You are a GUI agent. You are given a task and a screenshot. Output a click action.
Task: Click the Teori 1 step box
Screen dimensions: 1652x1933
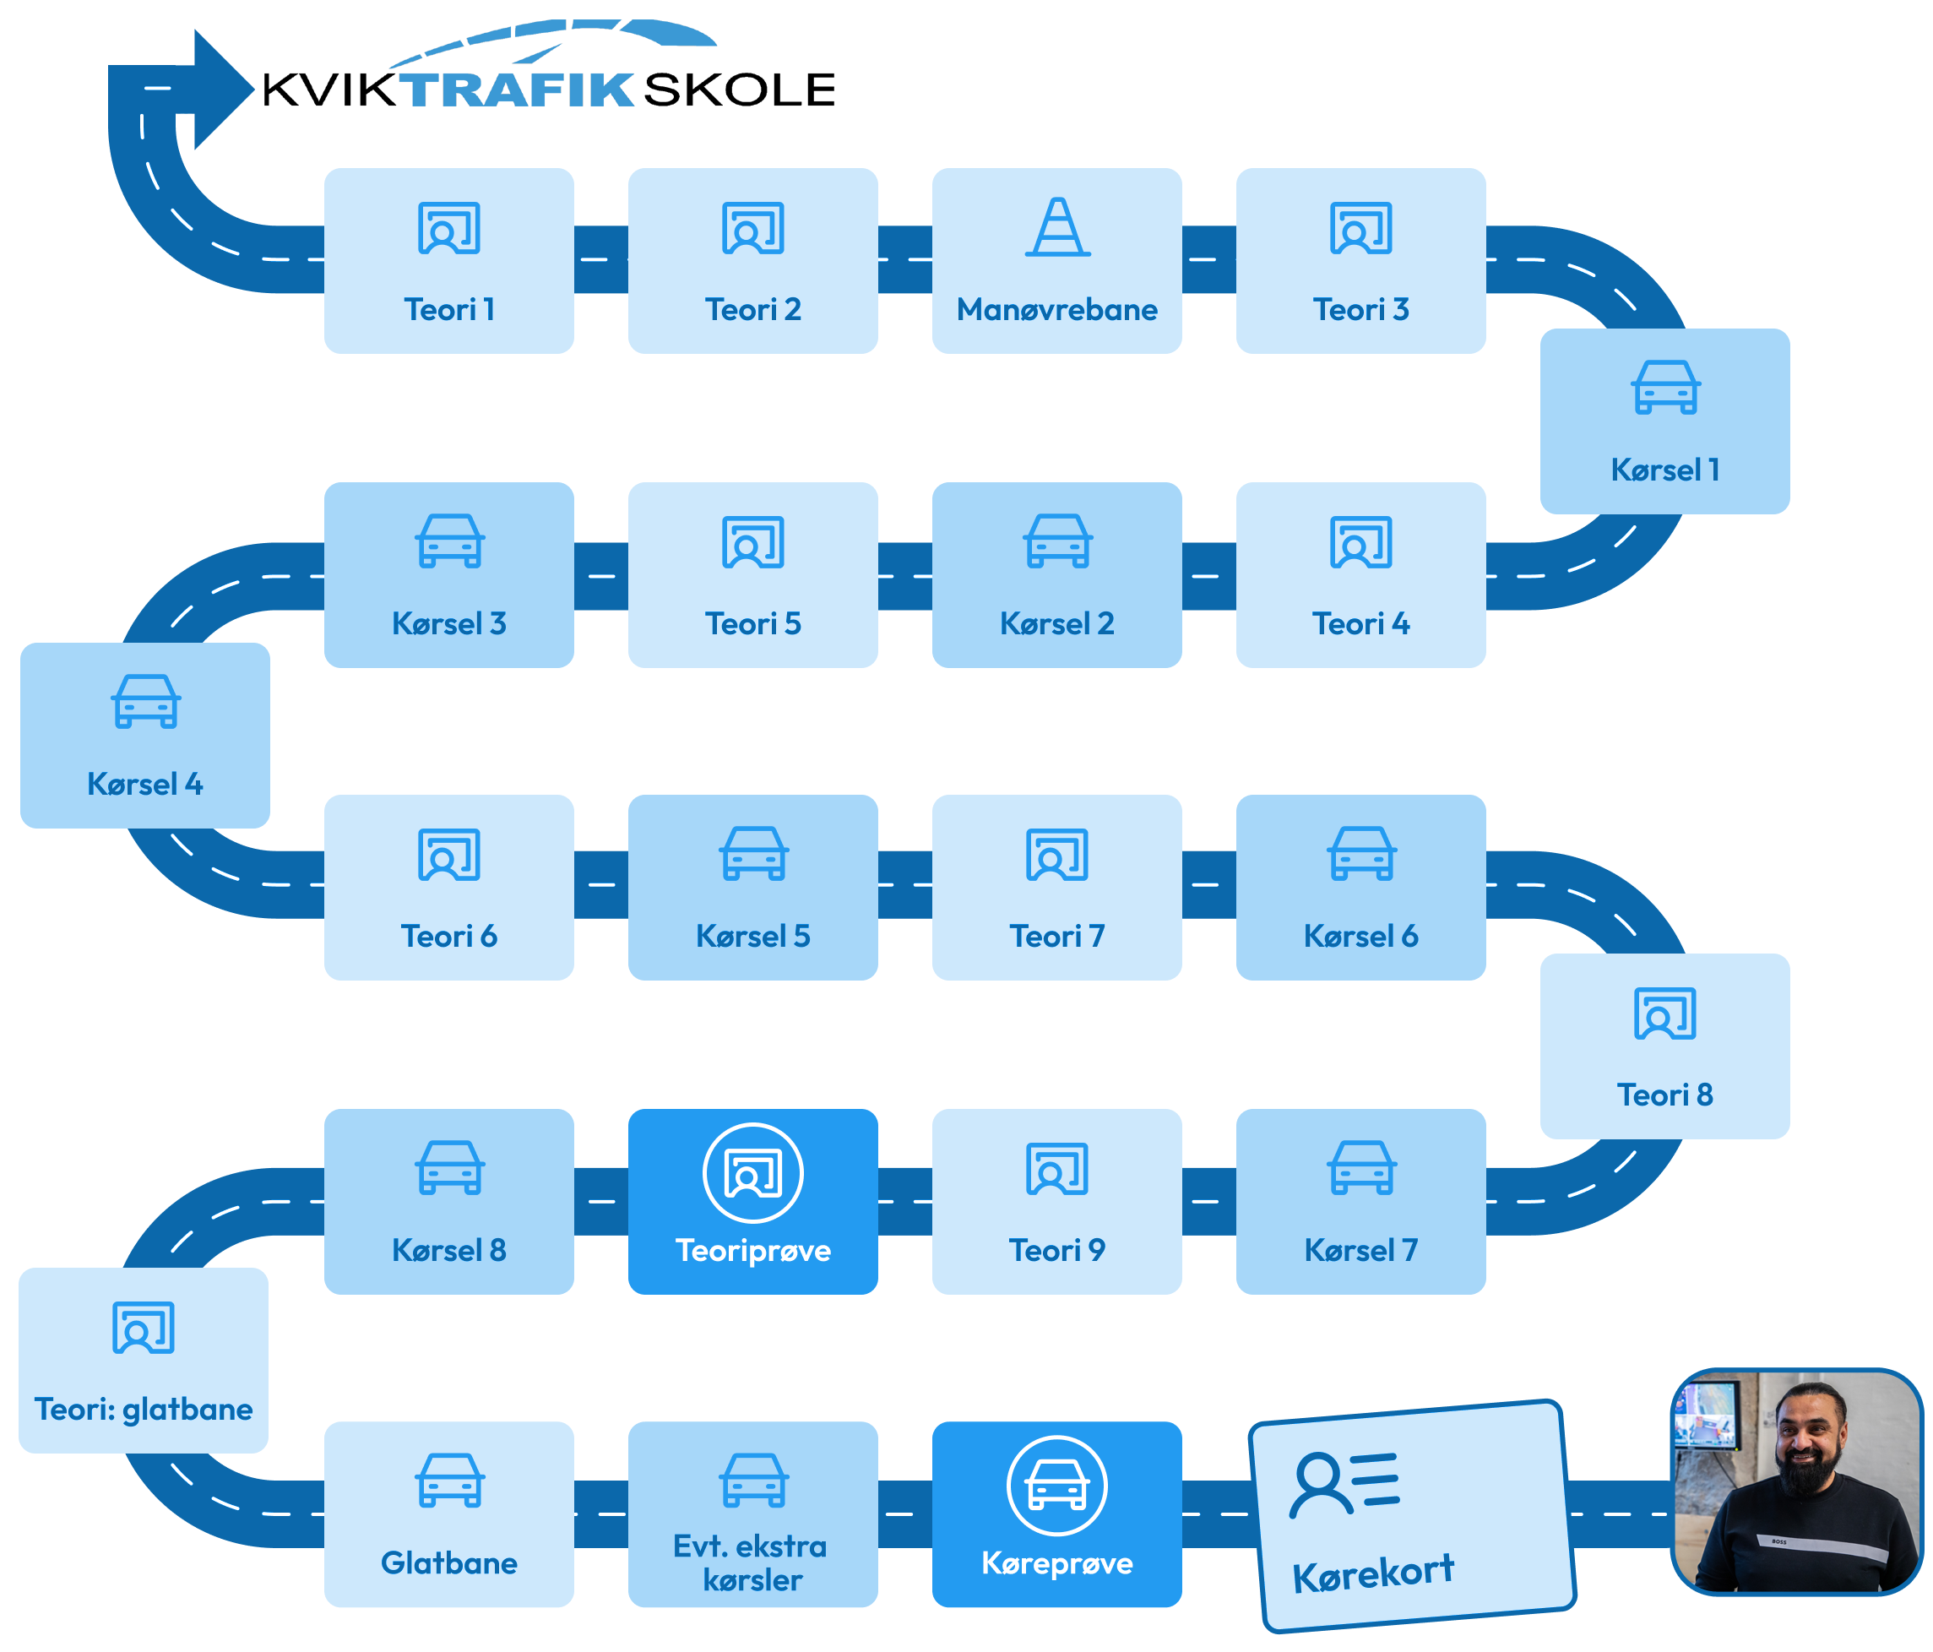(448, 260)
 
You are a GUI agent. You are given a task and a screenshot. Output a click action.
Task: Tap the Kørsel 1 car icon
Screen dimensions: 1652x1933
(1665, 387)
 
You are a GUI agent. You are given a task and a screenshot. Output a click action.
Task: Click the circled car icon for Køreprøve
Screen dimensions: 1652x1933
(1057, 1485)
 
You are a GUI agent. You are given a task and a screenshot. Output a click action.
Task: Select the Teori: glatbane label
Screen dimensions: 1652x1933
(144, 1409)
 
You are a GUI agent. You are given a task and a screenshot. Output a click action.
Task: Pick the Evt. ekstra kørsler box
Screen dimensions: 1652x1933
(753, 1514)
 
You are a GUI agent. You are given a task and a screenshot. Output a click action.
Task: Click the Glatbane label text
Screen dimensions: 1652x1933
(448, 1562)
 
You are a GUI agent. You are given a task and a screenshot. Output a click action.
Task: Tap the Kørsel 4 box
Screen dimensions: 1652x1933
(144, 735)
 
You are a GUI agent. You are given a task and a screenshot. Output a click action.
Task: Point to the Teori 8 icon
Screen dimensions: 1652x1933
(1665, 1014)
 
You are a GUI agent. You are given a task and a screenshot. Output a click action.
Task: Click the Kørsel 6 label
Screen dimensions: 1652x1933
(1360, 936)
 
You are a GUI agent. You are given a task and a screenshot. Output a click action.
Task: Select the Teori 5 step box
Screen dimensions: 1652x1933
(753, 574)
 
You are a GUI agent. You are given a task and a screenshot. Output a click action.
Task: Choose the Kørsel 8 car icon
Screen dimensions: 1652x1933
(448, 1167)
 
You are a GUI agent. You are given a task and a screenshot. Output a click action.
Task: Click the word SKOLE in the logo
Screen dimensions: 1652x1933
(739, 90)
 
